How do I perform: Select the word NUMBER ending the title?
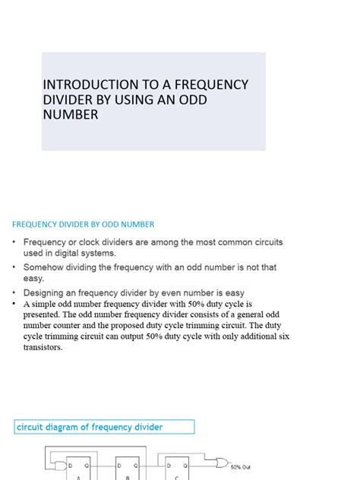tap(71, 115)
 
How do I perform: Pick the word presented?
tap(44, 312)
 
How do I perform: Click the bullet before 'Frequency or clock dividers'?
tap(14, 242)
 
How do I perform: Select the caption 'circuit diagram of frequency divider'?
tap(90, 428)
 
